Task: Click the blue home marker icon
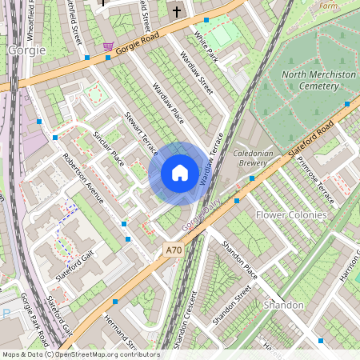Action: [x=180, y=172]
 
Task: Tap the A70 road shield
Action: [x=174, y=250]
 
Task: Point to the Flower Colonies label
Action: [x=291, y=215]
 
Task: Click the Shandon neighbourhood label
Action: [x=284, y=306]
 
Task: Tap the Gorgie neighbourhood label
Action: [x=26, y=50]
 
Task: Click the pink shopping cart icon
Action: [x=108, y=46]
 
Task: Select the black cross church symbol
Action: [x=176, y=11]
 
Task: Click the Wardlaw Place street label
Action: [x=169, y=103]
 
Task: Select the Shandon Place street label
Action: [x=240, y=258]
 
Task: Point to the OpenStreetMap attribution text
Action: [x=80, y=354]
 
